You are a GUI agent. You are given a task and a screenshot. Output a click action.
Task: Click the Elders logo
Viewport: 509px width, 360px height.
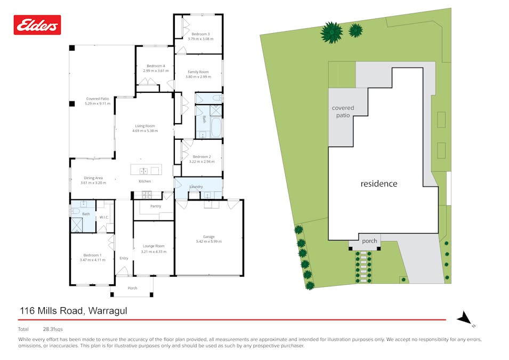point(37,25)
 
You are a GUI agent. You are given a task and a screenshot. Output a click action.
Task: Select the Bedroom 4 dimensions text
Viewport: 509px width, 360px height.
point(156,70)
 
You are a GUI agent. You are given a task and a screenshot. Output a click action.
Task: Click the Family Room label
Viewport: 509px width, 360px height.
point(198,71)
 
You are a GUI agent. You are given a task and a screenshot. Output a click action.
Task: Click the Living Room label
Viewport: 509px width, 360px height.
point(145,126)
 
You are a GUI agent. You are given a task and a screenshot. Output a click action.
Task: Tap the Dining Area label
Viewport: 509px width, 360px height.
point(93,178)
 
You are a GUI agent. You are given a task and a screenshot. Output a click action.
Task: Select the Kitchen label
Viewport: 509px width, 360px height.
point(145,182)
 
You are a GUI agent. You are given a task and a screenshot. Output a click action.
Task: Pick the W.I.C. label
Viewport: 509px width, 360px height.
point(104,217)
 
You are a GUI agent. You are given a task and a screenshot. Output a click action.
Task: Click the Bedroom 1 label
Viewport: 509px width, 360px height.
point(92,255)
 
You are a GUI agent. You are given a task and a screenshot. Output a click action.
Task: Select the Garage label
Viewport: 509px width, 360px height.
point(208,236)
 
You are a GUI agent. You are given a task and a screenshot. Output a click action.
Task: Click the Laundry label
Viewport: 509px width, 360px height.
point(196,187)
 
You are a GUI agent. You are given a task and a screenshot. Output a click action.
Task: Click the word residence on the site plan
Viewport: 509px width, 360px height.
point(379,183)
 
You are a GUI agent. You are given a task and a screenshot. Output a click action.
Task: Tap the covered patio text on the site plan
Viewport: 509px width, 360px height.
point(343,111)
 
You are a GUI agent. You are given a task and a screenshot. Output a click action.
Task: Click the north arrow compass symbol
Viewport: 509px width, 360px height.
point(465,318)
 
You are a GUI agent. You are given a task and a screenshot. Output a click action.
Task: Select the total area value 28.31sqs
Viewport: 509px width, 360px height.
point(53,329)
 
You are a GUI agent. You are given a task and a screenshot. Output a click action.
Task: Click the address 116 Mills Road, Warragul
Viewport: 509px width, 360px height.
point(74,310)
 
